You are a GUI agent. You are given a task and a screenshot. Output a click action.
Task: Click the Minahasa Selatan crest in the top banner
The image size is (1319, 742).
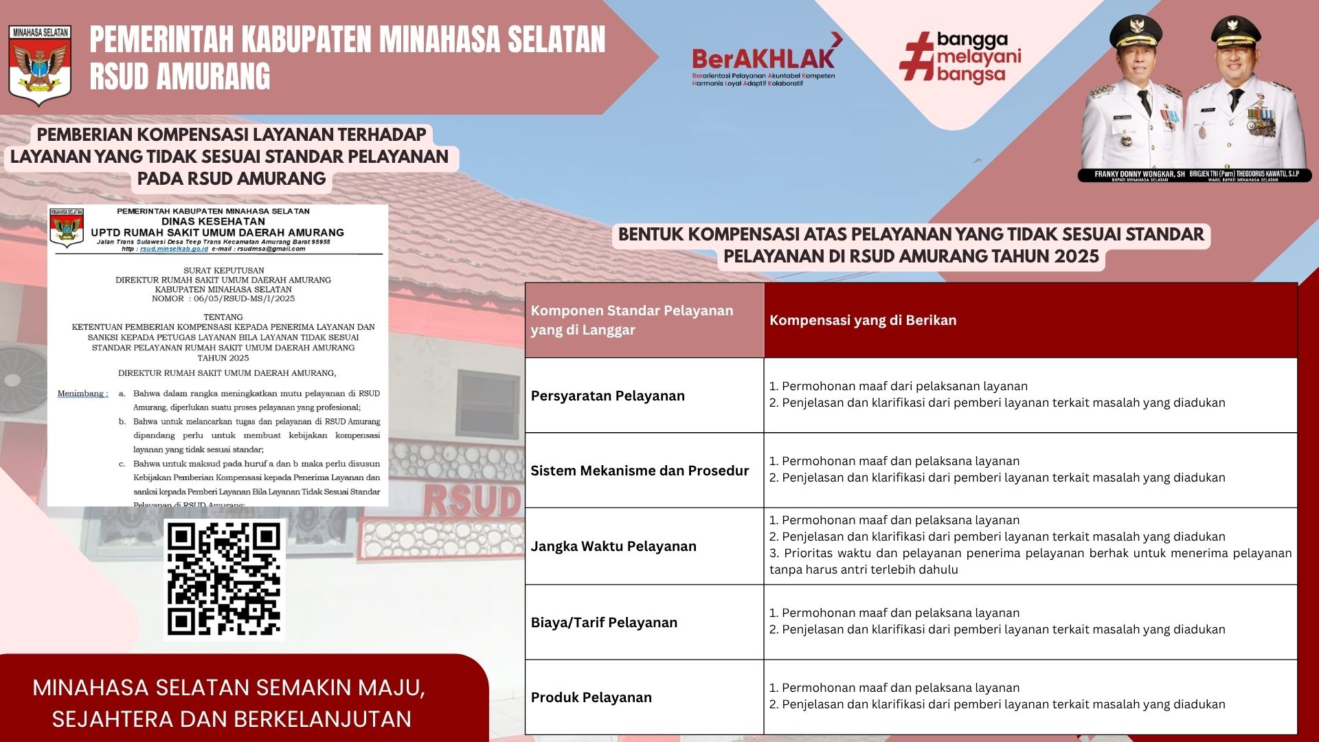pyautogui.click(x=40, y=65)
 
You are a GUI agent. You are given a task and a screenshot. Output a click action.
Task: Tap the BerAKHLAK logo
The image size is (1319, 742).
pyautogui.click(x=764, y=60)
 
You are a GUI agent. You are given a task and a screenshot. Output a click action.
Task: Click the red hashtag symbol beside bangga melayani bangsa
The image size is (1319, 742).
pyautogui.click(x=917, y=56)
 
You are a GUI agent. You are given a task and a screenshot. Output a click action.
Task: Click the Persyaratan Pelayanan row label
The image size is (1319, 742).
pyautogui.click(x=607, y=396)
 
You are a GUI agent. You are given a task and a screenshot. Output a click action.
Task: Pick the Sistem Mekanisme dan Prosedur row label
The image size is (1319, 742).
pyautogui.click(x=639, y=471)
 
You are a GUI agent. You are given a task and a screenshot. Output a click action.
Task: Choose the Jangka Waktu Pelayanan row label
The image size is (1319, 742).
pyautogui.click(x=613, y=546)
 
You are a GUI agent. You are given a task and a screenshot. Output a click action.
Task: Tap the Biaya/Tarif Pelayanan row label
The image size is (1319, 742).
pyautogui.click(x=603, y=622)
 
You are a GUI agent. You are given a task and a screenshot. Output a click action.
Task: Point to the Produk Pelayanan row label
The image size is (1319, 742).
pyautogui.click(x=591, y=697)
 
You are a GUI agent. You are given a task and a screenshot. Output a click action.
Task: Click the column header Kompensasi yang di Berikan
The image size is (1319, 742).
pyautogui.click(x=862, y=320)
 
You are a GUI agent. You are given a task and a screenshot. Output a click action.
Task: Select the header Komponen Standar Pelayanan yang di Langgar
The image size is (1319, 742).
pyautogui.click(x=631, y=320)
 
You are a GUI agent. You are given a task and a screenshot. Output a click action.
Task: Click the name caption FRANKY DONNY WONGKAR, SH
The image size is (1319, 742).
pyautogui.click(x=1139, y=175)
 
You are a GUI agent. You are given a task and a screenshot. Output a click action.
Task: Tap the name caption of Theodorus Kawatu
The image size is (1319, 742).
pyautogui.click(x=1244, y=175)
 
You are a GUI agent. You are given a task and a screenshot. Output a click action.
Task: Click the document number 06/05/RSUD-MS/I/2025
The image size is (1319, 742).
pyautogui.click(x=244, y=299)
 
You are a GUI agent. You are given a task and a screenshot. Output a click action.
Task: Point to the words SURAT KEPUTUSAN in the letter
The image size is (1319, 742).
pyautogui.click(x=223, y=271)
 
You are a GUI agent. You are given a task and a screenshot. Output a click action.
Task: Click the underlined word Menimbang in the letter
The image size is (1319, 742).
pyautogui.click(x=82, y=394)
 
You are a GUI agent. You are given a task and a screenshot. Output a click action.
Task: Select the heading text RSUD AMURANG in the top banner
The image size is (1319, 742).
pyautogui.click(x=180, y=76)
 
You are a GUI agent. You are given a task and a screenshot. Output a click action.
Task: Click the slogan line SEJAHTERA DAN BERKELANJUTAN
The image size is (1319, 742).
pyautogui.click(x=232, y=719)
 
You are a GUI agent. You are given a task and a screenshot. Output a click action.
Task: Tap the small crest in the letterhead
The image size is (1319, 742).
pyautogui.click(x=67, y=227)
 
